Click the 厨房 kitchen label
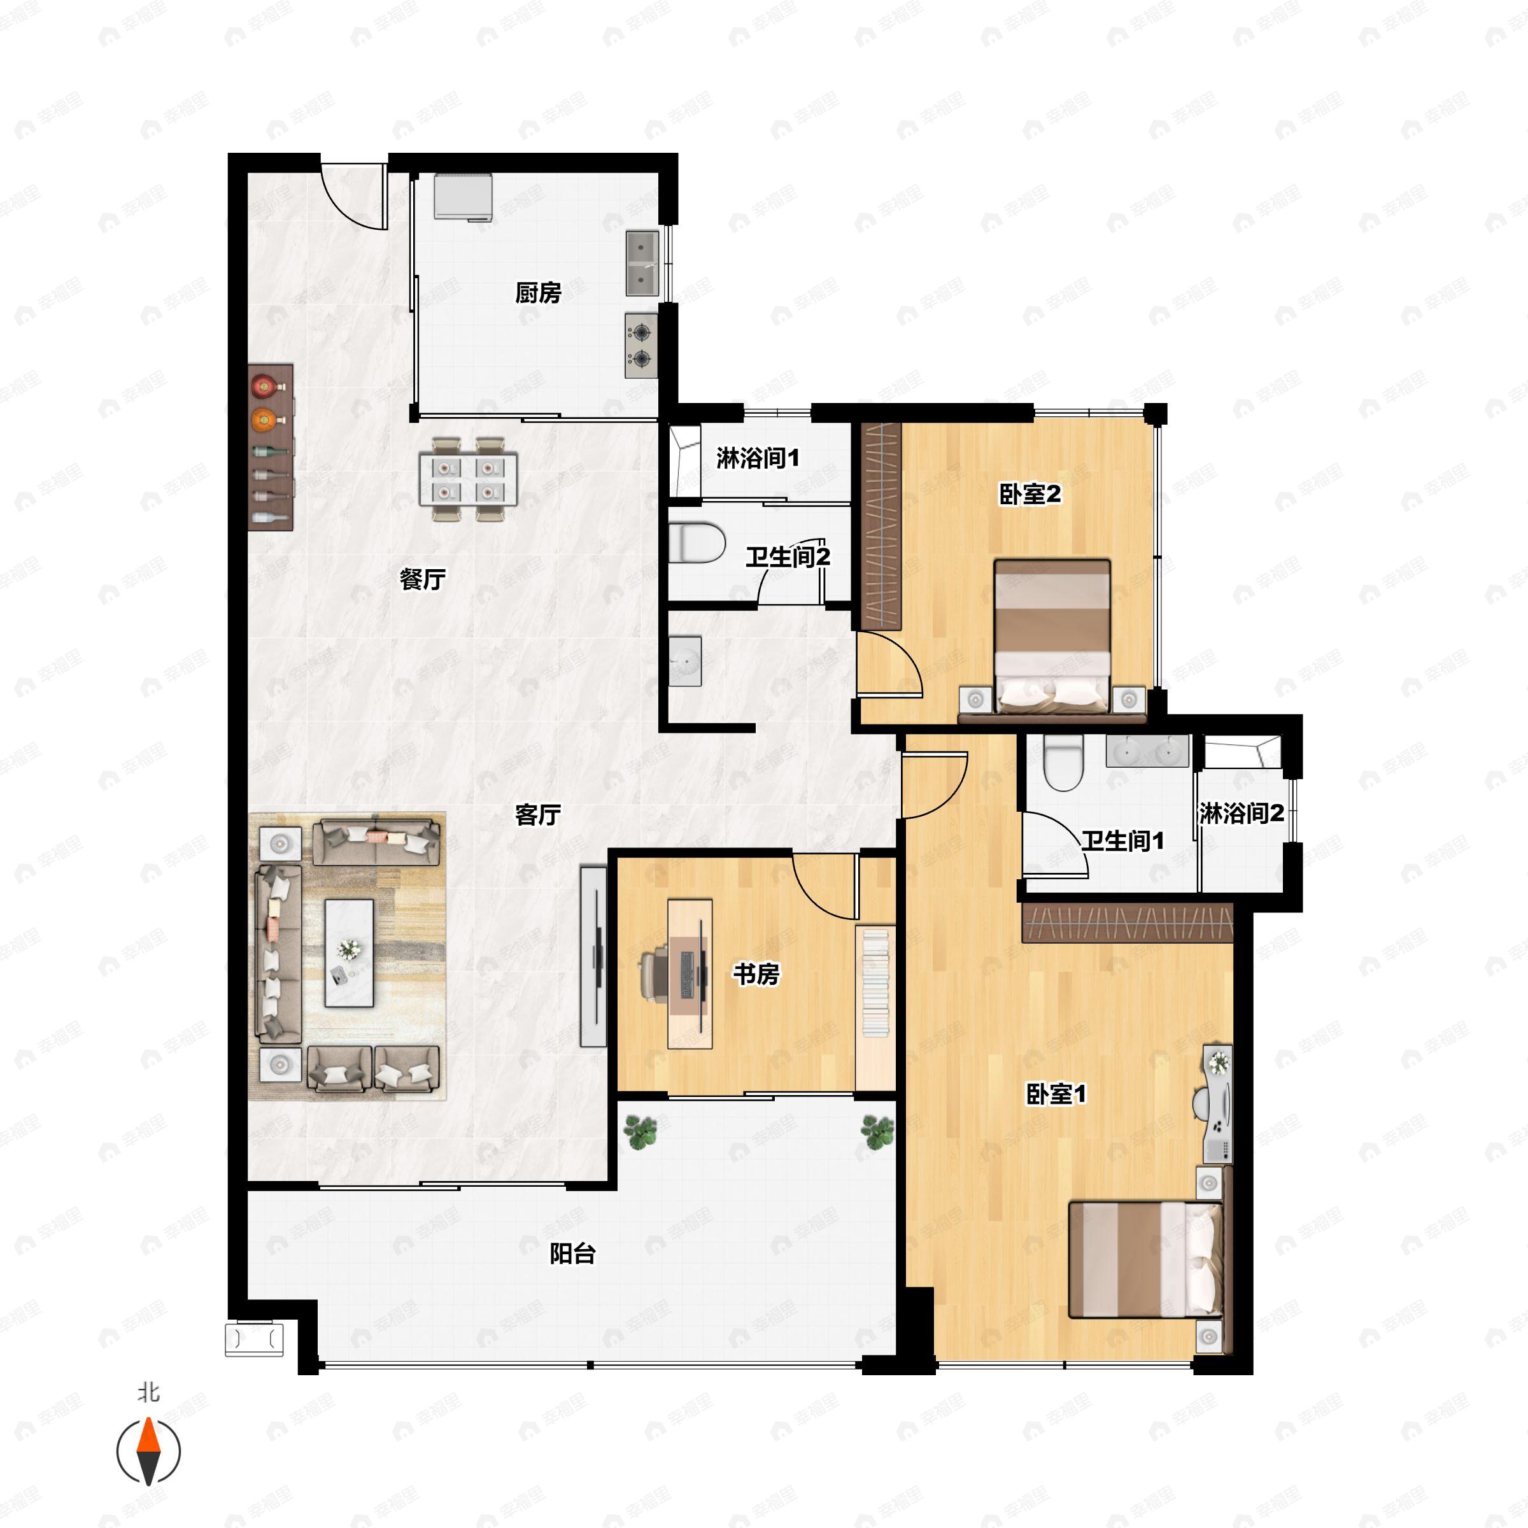coord(538,294)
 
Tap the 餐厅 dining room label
coord(422,580)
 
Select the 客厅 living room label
coord(538,815)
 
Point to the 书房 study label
coord(756,973)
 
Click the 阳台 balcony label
coord(572,1254)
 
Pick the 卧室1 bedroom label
coord(1056,1094)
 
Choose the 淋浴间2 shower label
coord(1241,813)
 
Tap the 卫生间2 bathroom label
coord(788,557)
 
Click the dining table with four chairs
coord(468,480)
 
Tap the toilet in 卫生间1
coord(1063,763)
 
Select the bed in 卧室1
coord(1145,1260)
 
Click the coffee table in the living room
coord(350,953)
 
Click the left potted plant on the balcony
coord(640,1133)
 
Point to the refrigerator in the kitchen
coord(463,196)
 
